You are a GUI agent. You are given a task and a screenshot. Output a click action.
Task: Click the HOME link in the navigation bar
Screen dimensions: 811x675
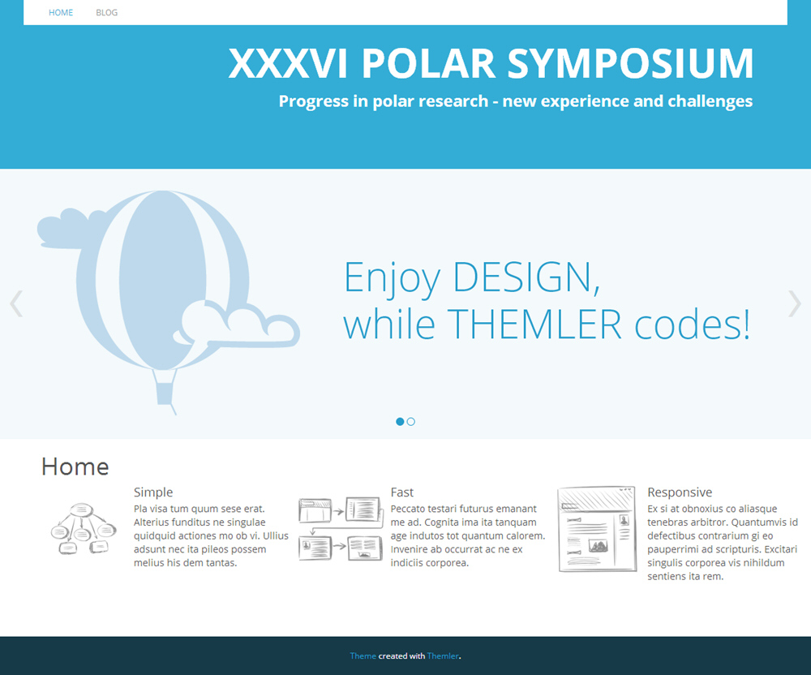pyautogui.click(x=61, y=12)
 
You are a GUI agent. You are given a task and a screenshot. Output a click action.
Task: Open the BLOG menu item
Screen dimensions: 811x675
pyautogui.click(x=106, y=12)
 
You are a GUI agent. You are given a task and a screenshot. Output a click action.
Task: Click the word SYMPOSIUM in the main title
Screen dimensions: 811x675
pyautogui.click(x=630, y=63)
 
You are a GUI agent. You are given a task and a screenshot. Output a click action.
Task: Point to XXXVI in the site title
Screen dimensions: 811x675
pyautogui.click(x=288, y=63)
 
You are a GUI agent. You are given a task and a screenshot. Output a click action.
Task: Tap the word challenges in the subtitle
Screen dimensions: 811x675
pyautogui.click(x=710, y=101)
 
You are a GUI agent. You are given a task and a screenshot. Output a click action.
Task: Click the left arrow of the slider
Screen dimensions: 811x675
pyautogui.click(x=16, y=303)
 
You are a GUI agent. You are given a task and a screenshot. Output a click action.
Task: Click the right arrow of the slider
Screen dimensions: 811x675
pyautogui.click(x=795, y=303)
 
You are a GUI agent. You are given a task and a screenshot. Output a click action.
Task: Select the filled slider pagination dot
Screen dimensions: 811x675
pyautogui.click(x=400, y=422)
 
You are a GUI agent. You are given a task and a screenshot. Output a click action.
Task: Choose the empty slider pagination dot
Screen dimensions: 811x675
pyautogui.click(x=410, y=422)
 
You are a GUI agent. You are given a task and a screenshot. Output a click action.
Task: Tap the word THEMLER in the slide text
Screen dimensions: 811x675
pyautogui.click(x=534, y=325)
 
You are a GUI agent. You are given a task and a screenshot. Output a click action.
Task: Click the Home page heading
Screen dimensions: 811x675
pyautogui.click(x=75, y=466)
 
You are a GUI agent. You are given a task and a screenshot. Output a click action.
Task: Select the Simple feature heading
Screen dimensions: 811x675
pyautogui.click(x=153, y=492)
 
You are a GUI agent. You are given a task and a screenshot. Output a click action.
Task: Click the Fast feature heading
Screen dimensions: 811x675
pyautogui.click(x=402, y=492)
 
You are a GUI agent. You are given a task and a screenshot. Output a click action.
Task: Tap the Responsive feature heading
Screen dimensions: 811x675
pyautogui.click(x=680, y=492)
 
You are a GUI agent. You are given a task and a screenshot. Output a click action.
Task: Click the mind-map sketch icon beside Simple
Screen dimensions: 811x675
pyautogui.click(x=84, y=528)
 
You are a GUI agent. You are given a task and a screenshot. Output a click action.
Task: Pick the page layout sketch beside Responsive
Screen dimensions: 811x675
pyautogui.click(x=597, y=529)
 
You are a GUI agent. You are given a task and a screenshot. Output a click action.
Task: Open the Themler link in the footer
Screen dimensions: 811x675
pyautogui.click(x=443, y=656)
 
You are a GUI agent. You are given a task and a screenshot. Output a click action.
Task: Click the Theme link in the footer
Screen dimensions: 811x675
pyautogui.click(x=363, y=656)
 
